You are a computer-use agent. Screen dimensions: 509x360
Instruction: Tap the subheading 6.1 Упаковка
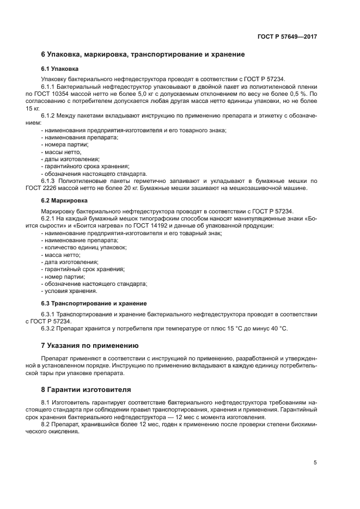tap(60, 69)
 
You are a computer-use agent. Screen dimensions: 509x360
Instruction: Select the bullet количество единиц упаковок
tap(83, 247)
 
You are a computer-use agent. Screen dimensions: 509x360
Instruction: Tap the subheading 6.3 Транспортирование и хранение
tap(94, 303)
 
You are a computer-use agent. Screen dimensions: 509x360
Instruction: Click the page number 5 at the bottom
tap(315, 463)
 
